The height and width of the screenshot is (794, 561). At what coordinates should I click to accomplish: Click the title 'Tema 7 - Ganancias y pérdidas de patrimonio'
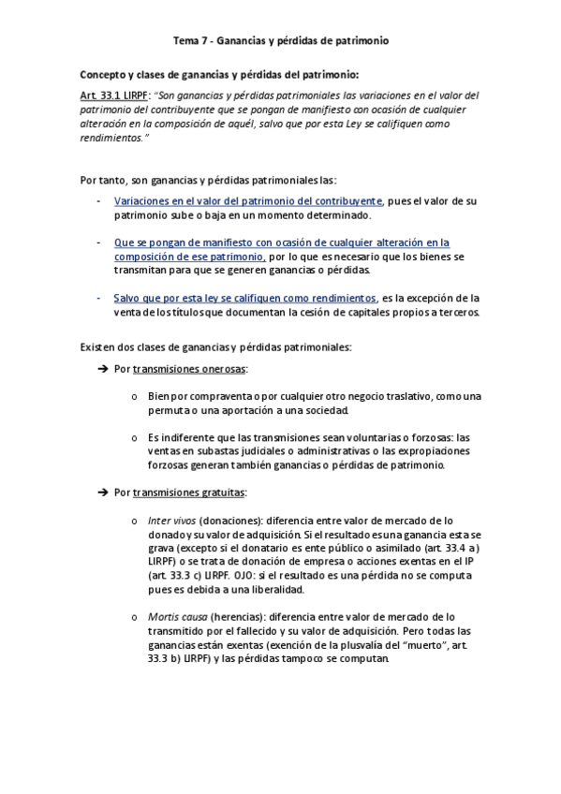tap(281, 42)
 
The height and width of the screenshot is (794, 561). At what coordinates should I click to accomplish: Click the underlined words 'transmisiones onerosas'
tap(190, 369)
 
